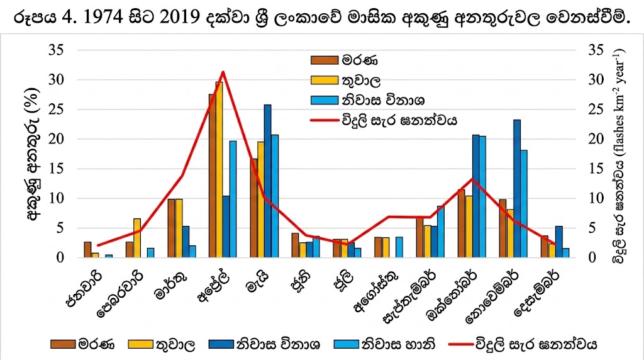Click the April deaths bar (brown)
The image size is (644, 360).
point(212,176)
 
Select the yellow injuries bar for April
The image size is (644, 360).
point(219,170)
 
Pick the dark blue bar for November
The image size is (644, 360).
point(517,189)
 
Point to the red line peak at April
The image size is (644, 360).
point(223,72)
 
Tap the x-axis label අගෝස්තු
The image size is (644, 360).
point(375,296)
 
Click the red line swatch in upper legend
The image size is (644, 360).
point(325,119)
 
